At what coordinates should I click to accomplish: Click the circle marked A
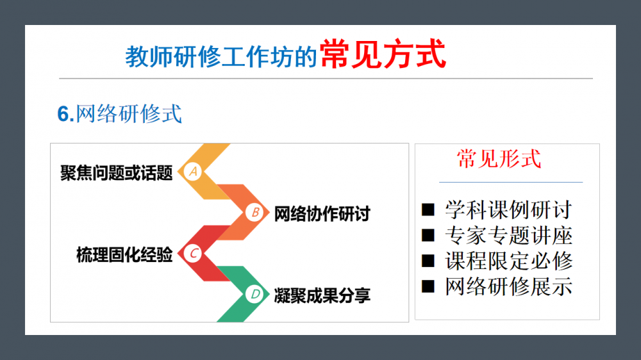pos(192,172)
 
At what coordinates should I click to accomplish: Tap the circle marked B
pos(254,213)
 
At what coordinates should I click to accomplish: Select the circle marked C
pos(192,254)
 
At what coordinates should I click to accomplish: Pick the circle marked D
pos(254,294)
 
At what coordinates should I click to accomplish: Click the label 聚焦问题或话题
pos(117,173)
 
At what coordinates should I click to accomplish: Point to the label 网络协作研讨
pos(322,214)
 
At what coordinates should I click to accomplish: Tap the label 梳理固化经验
pos(124,254)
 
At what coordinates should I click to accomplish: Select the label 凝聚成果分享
pos(322,295)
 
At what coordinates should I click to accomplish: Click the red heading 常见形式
pos(499,159)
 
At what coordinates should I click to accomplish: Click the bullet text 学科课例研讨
pos(508,209)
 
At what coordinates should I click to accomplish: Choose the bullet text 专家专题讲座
pos(508,235)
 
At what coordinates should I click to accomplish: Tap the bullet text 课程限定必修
pos(508,261)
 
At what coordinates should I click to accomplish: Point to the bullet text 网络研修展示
pos(508,286)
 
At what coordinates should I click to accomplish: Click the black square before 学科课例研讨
pos(428,209)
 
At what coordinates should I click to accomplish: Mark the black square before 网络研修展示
pos(428,286)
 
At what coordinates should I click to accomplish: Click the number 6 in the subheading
pos(63,114)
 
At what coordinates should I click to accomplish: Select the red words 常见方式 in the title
pos(383,54)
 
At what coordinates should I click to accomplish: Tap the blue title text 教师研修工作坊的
pos(221,56)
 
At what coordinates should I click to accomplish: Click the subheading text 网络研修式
pos(129,113)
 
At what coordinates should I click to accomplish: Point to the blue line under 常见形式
pos(511,182)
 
